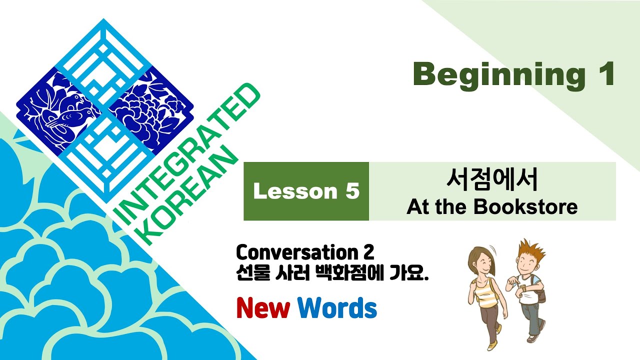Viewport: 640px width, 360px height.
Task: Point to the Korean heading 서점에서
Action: pyautogui.click(x=492, y=180)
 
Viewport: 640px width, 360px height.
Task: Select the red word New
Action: pyautogui.click(x=263, y=308)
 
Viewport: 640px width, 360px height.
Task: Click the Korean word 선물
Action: pyautogui.click(x=252, y=273)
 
